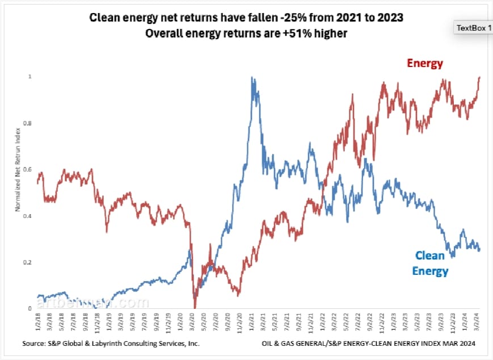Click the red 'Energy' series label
[x=424, y=63]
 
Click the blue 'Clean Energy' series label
[x=430, y=263]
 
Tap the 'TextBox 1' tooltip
[x=474, y=28]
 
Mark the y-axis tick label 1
[x=30, y=77]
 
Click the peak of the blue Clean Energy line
[x=251, y=78]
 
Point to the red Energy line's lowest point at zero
[x=195, y=307]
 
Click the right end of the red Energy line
[x=479, y=77]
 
